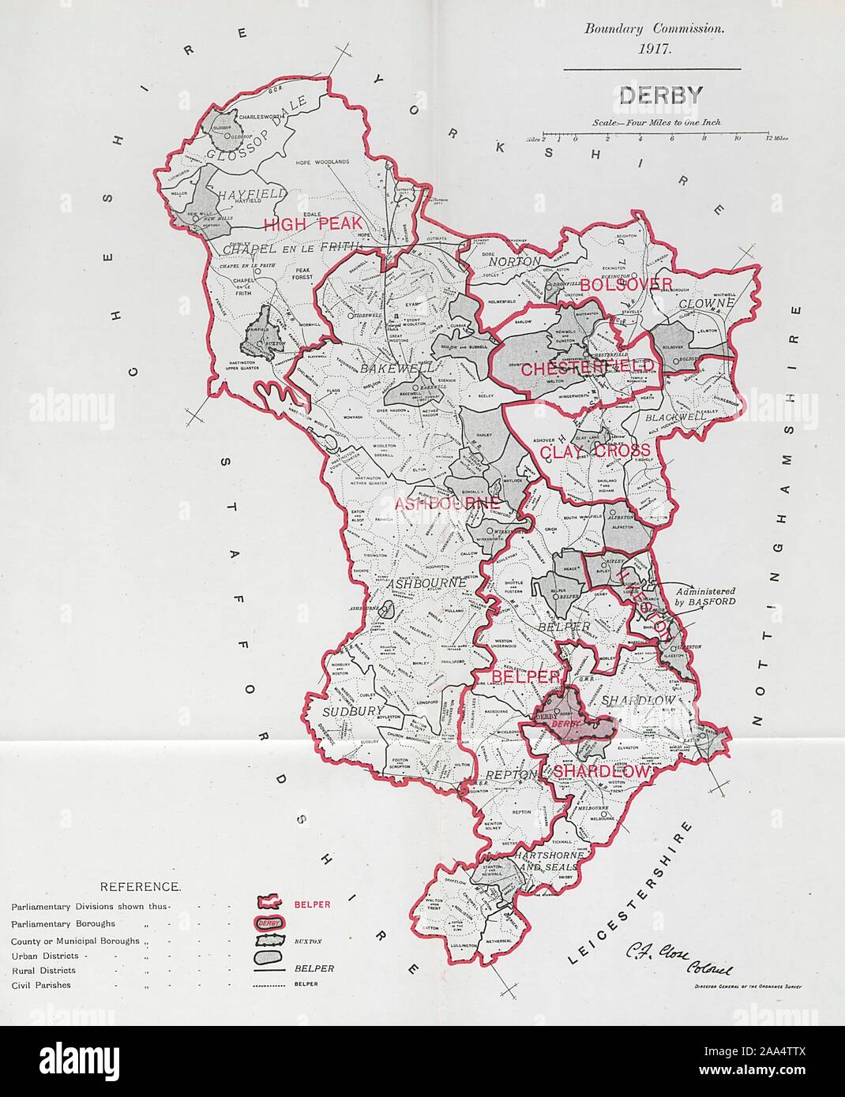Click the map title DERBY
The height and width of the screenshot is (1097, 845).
651,96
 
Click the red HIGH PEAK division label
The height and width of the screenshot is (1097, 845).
301,225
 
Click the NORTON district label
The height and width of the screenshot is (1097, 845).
514,260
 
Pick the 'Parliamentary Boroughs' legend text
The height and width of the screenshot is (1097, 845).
63,923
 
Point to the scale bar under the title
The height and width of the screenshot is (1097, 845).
659,138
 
